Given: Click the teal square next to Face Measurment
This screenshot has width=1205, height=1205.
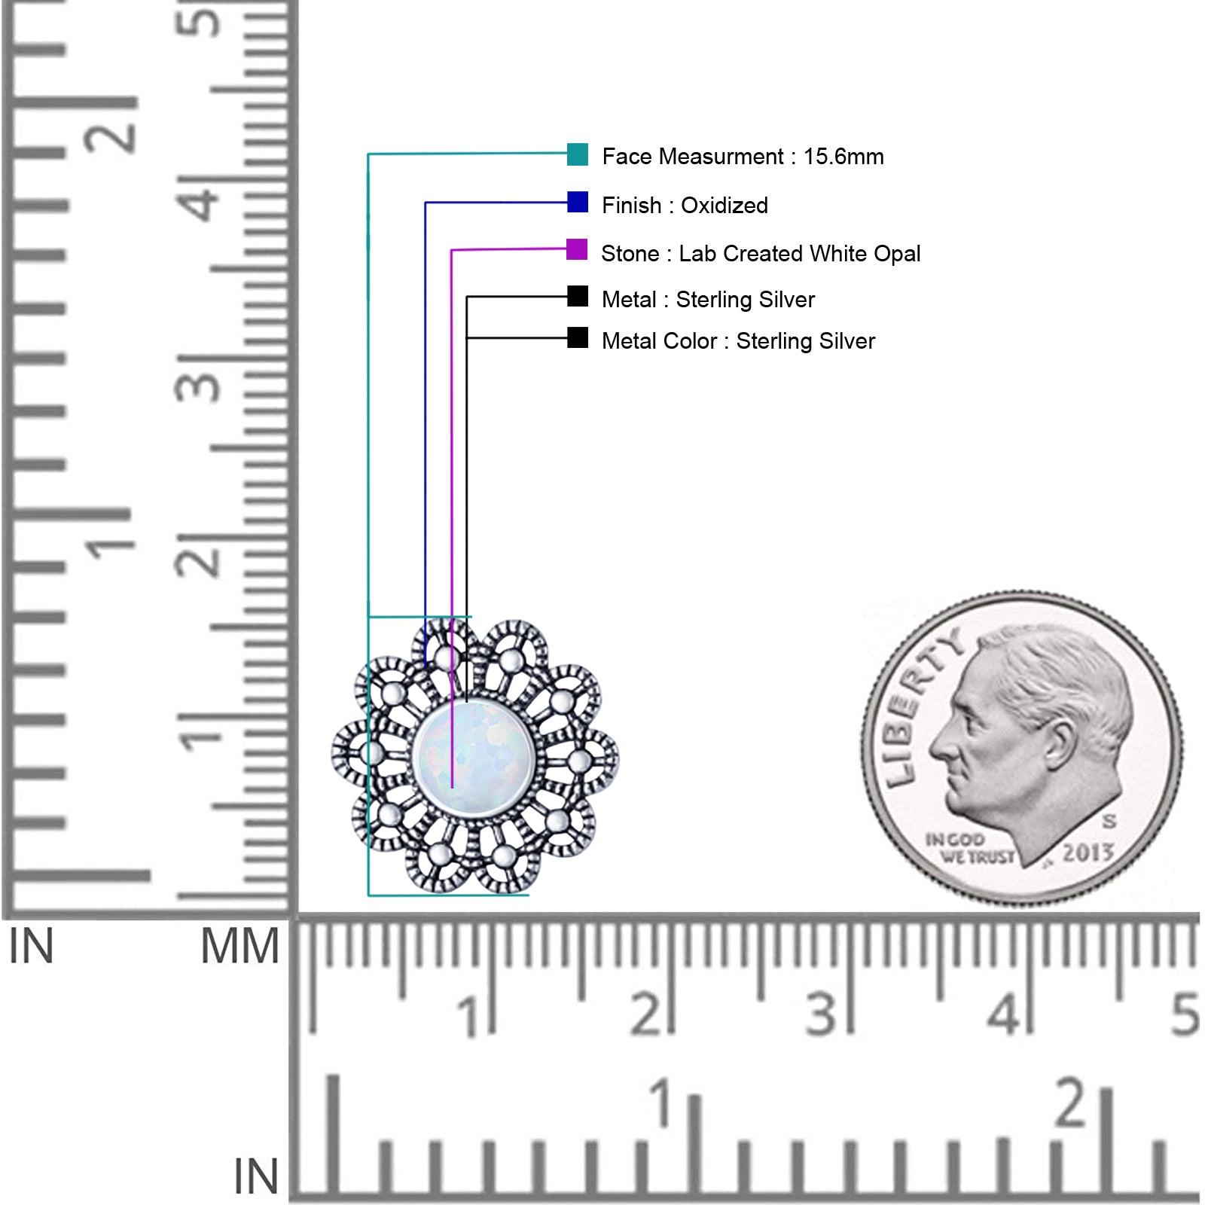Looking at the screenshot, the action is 578,154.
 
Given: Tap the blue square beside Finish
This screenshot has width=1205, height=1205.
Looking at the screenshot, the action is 578,202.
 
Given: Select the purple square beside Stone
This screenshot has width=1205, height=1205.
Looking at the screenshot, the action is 577,249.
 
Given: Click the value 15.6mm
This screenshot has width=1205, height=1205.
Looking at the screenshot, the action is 843,157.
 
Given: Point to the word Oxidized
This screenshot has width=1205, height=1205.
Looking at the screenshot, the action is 725,205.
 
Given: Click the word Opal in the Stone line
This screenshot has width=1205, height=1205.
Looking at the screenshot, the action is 897,254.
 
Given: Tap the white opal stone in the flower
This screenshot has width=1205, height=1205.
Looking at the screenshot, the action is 474,757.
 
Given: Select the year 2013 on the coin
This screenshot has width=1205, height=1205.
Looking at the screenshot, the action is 1088,853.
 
